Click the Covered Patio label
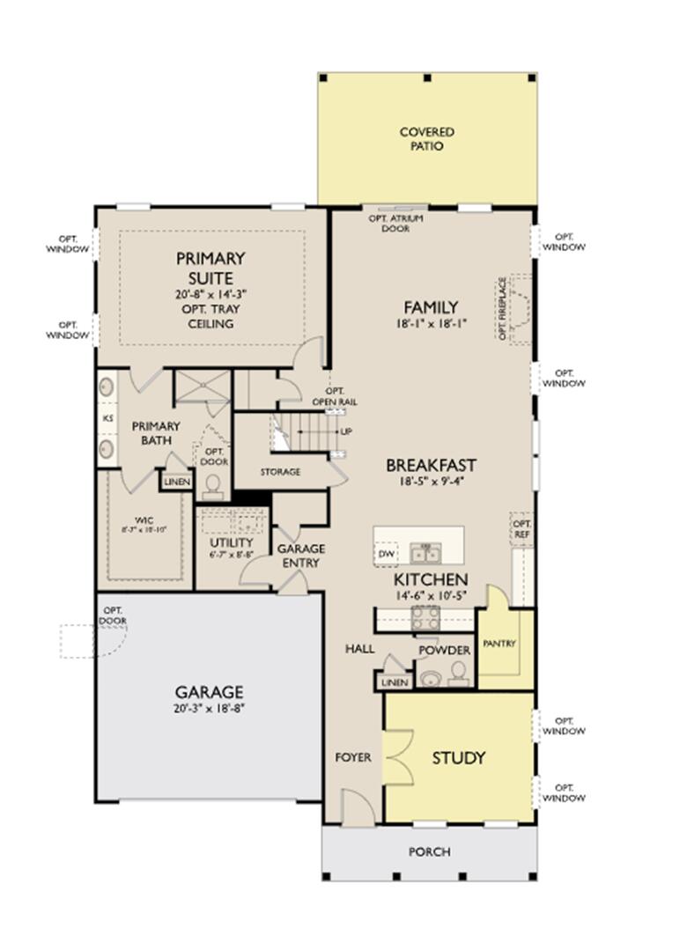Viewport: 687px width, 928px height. [426, 139]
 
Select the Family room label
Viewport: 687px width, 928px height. [431, 307]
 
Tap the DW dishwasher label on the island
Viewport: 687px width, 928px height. [386, 554]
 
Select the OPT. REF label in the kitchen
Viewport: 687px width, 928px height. [521, 529]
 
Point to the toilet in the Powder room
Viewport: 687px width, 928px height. [458, 674]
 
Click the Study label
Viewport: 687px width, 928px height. [458, 757]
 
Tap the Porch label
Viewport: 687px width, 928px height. [430, 851]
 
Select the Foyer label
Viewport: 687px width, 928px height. [353, 757]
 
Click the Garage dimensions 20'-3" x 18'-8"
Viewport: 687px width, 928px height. [209, 708]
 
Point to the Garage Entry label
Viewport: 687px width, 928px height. [300, 555]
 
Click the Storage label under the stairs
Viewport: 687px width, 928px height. [280, 472]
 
